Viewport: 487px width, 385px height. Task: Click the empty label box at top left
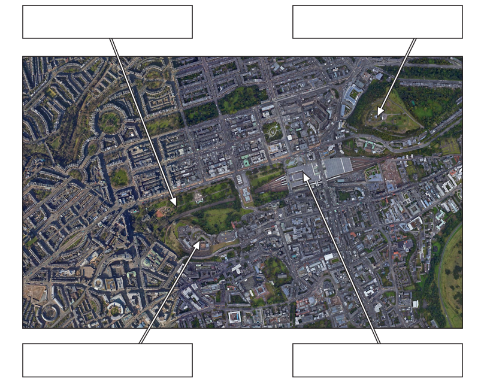point(107,22)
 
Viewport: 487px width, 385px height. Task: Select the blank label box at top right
point(377,22)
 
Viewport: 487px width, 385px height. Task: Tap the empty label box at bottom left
point(107,360)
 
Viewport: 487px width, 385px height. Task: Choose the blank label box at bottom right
point(377,360)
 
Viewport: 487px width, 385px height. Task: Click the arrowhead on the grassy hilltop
point(379,113)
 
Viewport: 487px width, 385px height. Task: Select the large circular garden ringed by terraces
point(109,122)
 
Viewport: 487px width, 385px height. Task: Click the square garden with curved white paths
point(274,131)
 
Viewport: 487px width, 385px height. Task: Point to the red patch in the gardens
point(160,213)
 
